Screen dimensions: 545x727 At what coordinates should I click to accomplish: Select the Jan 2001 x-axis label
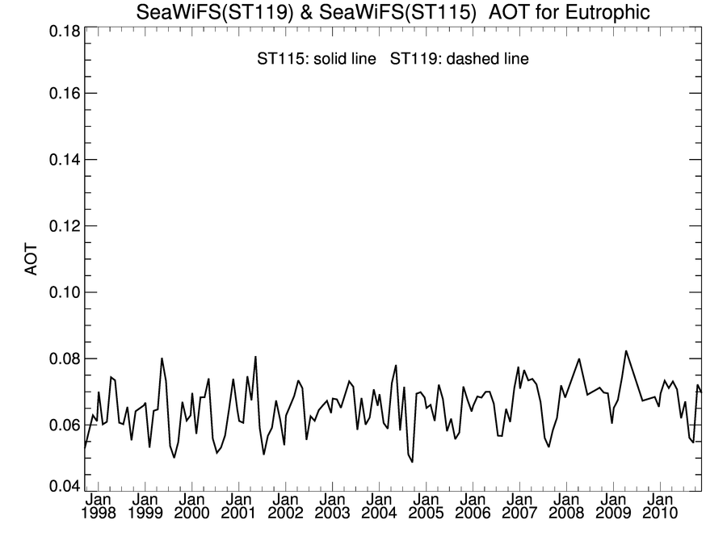pos(238,506)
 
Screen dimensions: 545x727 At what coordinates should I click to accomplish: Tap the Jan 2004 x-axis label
pos(379,506)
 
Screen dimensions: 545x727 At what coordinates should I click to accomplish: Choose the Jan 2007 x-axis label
pos(519,506)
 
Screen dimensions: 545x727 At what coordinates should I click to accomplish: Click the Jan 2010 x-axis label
pos(660,506)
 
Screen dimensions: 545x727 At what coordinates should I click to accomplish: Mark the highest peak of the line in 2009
pos(626,351)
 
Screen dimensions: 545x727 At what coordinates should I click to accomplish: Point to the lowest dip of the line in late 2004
pos(412,461)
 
